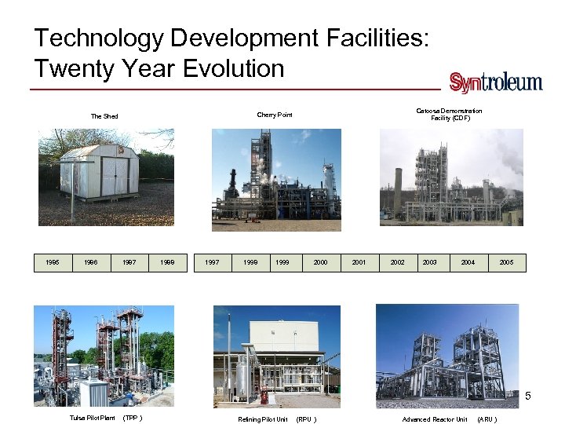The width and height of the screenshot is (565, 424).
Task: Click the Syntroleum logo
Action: click(x=495, y=82)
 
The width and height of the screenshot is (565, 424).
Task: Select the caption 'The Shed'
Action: click(x=104, y=116)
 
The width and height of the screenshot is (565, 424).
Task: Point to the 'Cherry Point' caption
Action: click(x=275, y=115)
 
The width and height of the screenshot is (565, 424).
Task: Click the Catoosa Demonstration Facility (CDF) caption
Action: click(x=449, y=115)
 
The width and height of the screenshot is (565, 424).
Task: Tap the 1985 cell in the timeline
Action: click(x=52, y=262)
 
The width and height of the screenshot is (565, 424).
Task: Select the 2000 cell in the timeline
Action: click(x=320, y=262)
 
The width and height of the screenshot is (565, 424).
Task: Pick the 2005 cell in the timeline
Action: click(x=506, y=262)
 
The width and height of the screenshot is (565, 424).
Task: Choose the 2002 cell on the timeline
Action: click(x=398, y=262)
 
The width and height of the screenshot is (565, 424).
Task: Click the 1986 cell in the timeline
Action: click(x=90, y=262)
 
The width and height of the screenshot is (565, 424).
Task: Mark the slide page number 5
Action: click(x=528, y=395)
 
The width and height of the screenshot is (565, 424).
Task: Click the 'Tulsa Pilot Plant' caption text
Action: click(x=92, y=418)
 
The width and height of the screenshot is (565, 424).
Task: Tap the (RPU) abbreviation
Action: click(x=306, y=419)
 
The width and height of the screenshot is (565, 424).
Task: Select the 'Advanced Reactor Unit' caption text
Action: click(x=434, y=419)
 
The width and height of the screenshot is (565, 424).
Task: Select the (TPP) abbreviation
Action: click(x=133, y=418)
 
